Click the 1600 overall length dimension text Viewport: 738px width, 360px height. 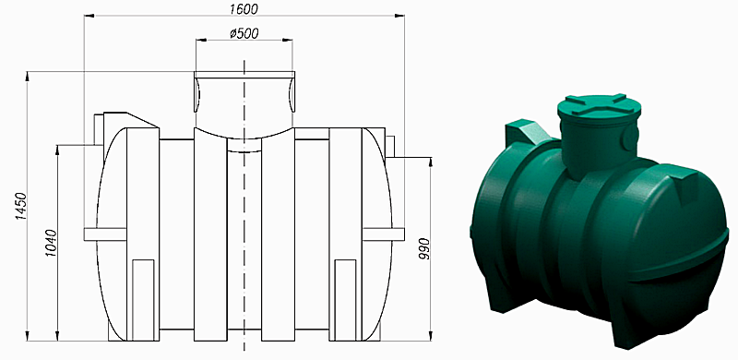click(244, 8)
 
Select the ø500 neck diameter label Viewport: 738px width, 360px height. click(244, 34)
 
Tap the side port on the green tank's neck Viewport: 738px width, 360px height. click(631, 139)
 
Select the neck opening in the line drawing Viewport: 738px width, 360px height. click(244, 92)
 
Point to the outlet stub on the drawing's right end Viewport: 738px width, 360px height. click(390, 146)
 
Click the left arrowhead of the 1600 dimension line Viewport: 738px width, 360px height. click(89, 17)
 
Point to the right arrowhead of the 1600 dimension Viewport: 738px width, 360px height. click(400, 17)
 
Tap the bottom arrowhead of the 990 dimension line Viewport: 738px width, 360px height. click(430, 329)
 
